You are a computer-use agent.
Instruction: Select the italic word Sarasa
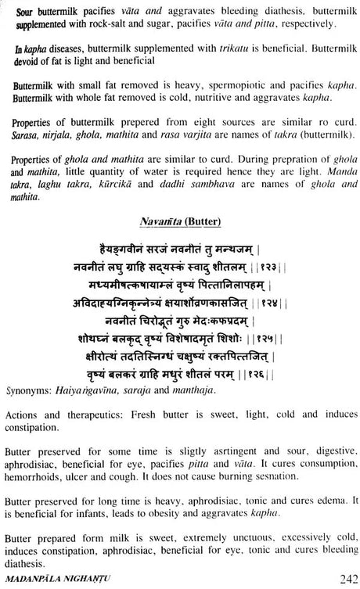click(26, 138)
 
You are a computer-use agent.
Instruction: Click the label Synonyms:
click(31, 393)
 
